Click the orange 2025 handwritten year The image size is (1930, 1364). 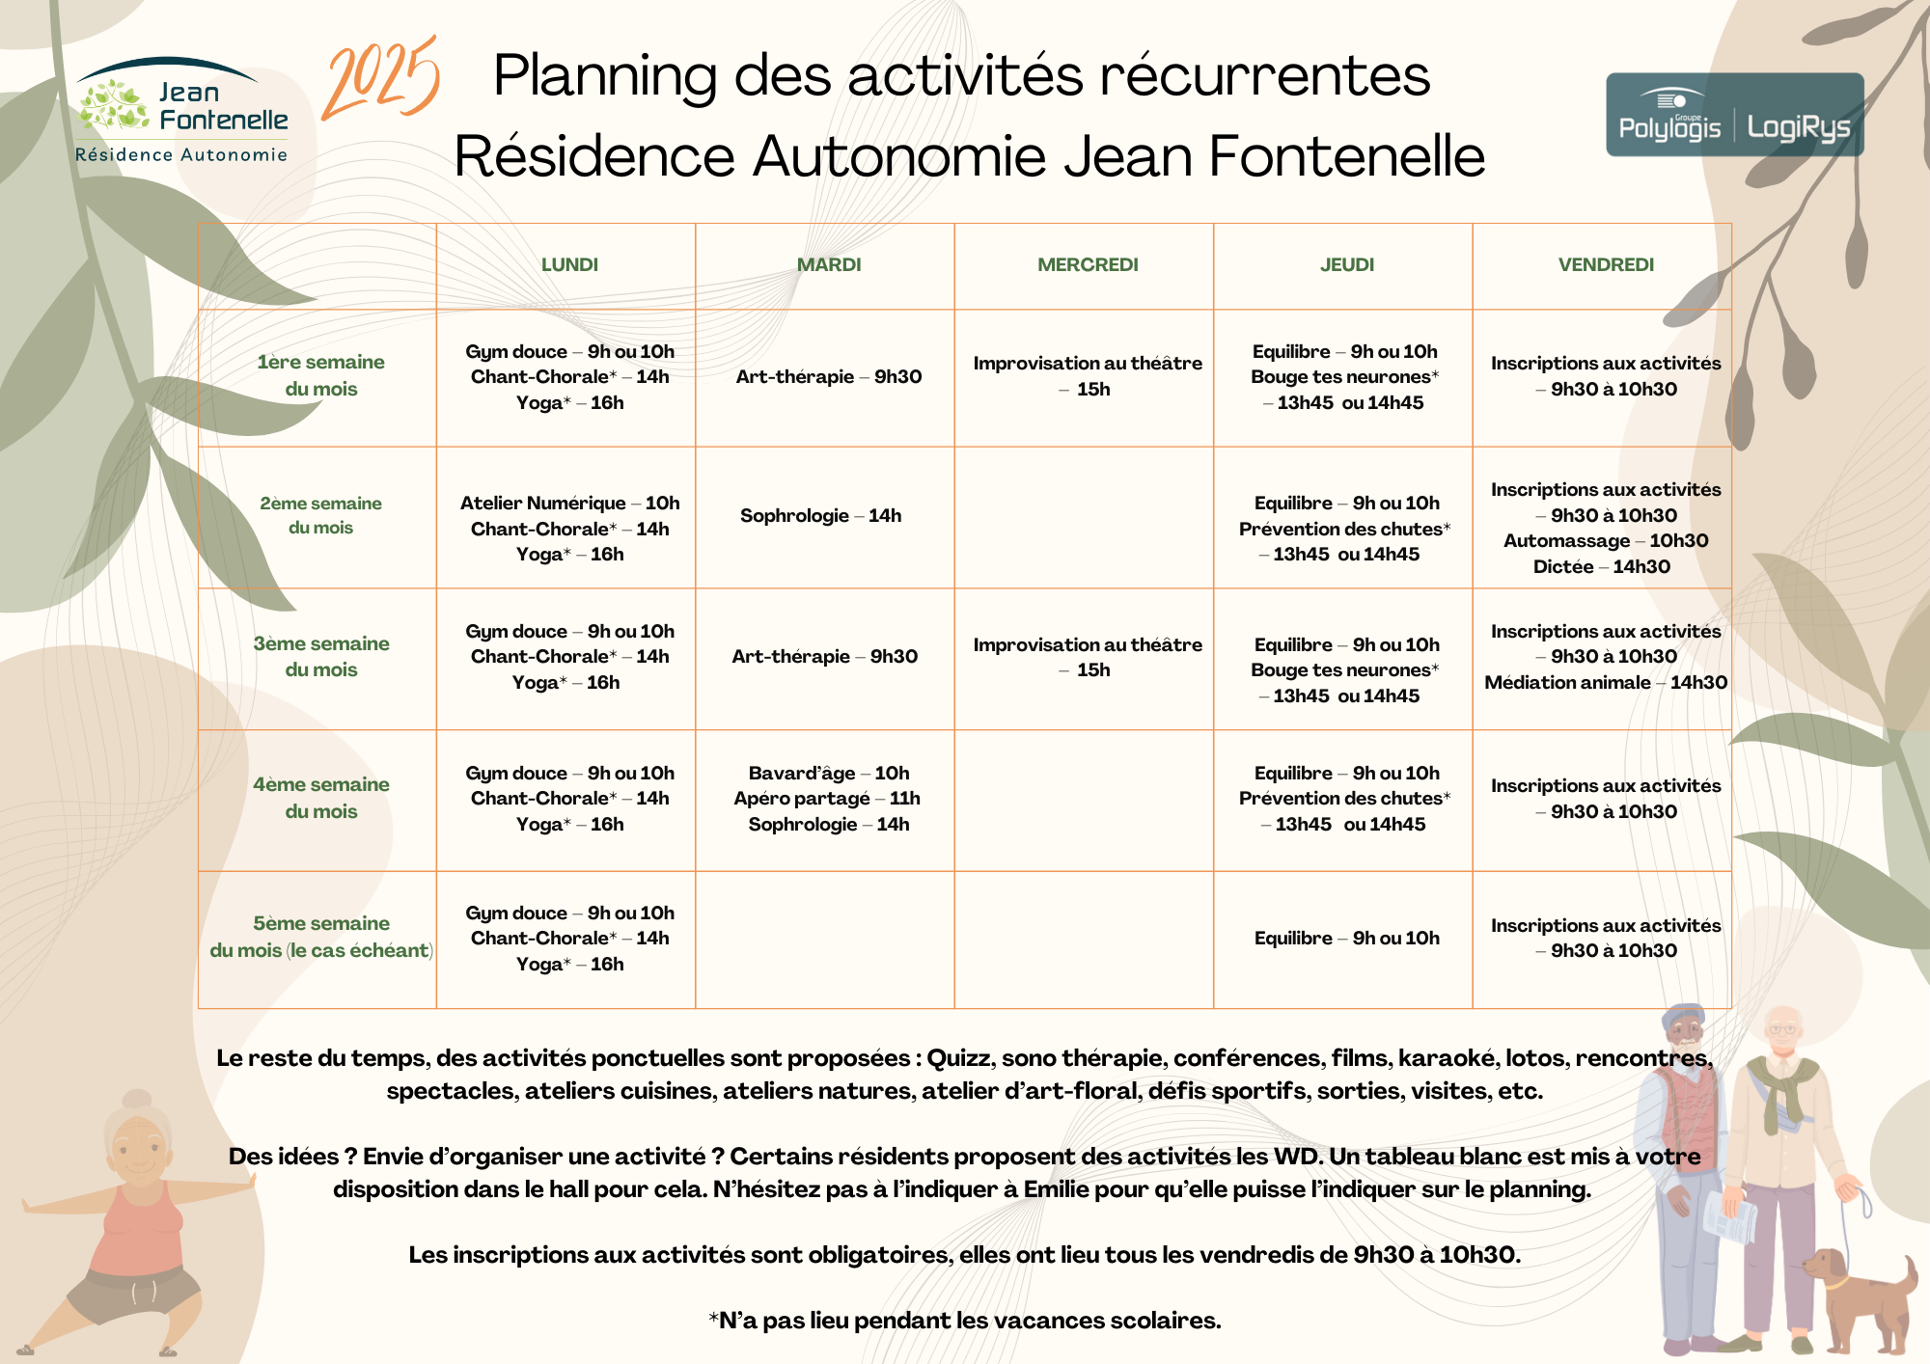tap(381, 79)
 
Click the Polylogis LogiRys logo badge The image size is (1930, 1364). tap(1734, 115)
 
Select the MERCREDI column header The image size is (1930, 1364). tap(1088, 265)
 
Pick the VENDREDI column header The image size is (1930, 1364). tap(1606, 265)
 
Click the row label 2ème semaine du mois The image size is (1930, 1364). tap(320, 515)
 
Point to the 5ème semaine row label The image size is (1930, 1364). tap(320, 937)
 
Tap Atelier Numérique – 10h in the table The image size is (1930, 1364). tap(569, 503)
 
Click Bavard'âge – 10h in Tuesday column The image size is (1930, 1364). tap(828, 773)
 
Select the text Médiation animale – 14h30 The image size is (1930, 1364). tap(1606, 683)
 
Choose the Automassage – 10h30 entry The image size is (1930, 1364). tap(1606, 541)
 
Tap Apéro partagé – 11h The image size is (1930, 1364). tap(827, 799)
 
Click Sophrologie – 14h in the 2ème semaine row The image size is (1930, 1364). tap(820, 516)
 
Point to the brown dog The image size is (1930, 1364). tap(1862, 1297)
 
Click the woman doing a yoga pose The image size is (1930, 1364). tap(135, 1225)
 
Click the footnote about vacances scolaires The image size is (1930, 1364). tap(965, 1321)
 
